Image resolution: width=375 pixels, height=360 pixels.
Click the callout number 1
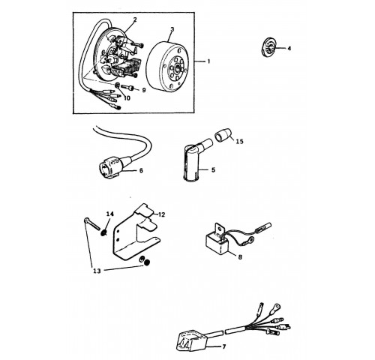pyautogui.click(x=208, y=61)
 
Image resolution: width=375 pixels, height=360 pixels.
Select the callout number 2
pyautogui.click(x=135, y=19)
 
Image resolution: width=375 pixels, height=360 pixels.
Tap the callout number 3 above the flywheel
pyautogui.click(x=172, y=29)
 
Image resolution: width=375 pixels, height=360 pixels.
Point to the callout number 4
pyautogui.click(x=289, y=48)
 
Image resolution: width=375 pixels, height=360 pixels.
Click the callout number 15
pyautogui.click(x=239, y=142)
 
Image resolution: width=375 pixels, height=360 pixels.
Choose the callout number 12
pyautogui.click(x=161, y=214)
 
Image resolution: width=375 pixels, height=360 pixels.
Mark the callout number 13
pyautogui.click(x=97, y=271)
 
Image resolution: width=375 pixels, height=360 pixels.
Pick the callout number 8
pyautogui.click(x=240, y=257)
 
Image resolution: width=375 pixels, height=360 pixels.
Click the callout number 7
pyautogui.click(x=224, y=346)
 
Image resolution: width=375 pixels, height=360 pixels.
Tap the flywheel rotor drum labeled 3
pyautogui.click(x=167, y=65)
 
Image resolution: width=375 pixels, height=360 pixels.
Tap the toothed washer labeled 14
pyautogui.click(x=103, y=233)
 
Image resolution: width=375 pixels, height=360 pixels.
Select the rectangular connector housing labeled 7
pyautogui.click(x=191, y=340)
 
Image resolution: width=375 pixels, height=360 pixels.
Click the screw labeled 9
pyautogui.click(x=128, y=87)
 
